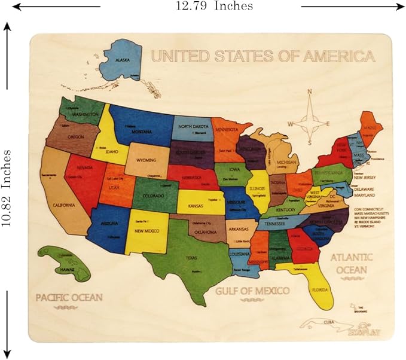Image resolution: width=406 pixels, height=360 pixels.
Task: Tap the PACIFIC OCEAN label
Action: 69,297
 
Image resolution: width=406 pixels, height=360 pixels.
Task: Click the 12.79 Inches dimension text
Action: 213,6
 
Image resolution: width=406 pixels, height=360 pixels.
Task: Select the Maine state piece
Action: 371,126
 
